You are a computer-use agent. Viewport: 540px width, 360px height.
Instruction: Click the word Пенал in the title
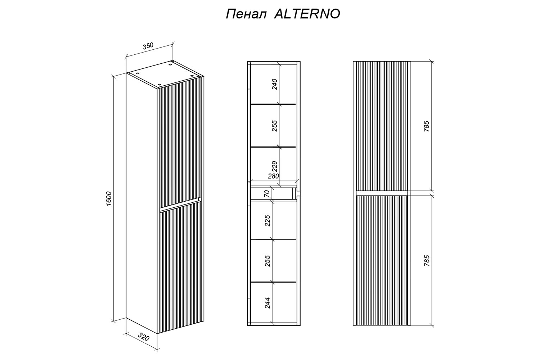(x=246, y=14)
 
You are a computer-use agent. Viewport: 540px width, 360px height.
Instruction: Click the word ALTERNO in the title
(x=307, y=14)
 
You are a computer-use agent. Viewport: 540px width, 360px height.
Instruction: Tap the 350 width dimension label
(x=148, y=46)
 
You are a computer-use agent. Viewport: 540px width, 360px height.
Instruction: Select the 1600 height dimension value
(x=109, y=198)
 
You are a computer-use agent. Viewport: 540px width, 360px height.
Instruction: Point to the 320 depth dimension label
(x=143, y=337)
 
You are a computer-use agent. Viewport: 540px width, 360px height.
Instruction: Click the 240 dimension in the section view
(x=275, y=84)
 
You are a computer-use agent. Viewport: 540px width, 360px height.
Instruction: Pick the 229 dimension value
(x=275, y=167)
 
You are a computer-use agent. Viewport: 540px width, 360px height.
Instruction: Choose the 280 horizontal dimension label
(x=273, y=176)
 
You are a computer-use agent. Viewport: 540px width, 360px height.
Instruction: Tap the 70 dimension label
(x=267, y=194)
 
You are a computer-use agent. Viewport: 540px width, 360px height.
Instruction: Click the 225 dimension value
(x=267, y=220)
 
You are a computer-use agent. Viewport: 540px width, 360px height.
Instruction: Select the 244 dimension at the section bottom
(x=267, y=303)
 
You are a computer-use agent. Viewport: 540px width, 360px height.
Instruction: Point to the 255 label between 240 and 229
(x=275, y=126)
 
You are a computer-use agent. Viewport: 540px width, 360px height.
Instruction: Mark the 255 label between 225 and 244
(x=267, y=261)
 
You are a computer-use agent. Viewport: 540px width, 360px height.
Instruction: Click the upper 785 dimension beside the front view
(x=427, y=126)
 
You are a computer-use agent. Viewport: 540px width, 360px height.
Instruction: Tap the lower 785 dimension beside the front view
(x=427, y=260)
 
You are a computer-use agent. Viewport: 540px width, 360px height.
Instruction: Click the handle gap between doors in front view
(x=382, y=193)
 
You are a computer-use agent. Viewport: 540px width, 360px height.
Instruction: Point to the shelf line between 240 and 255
(x=273, y=104)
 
